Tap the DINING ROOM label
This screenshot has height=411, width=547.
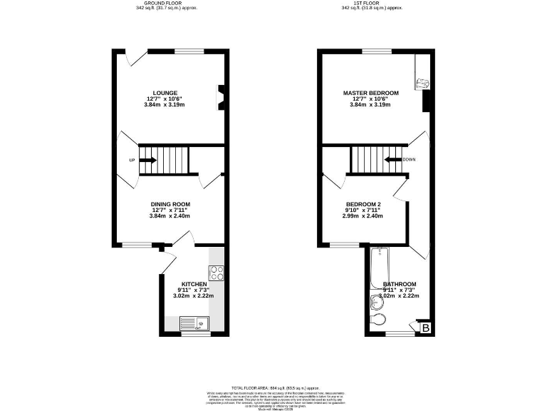[170, 204]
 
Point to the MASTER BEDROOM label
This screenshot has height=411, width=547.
[370, 93]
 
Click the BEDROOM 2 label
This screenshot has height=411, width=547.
[363, 205]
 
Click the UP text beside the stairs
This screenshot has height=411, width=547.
[132, 160]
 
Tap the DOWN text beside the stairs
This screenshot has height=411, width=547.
[409, 159]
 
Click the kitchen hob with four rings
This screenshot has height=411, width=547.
[217, 273]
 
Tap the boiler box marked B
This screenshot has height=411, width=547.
[426, 328]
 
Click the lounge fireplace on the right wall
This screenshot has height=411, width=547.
[220, 99]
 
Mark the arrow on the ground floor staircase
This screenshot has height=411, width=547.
[148, 160]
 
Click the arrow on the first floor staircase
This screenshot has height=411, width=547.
[392, 159]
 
